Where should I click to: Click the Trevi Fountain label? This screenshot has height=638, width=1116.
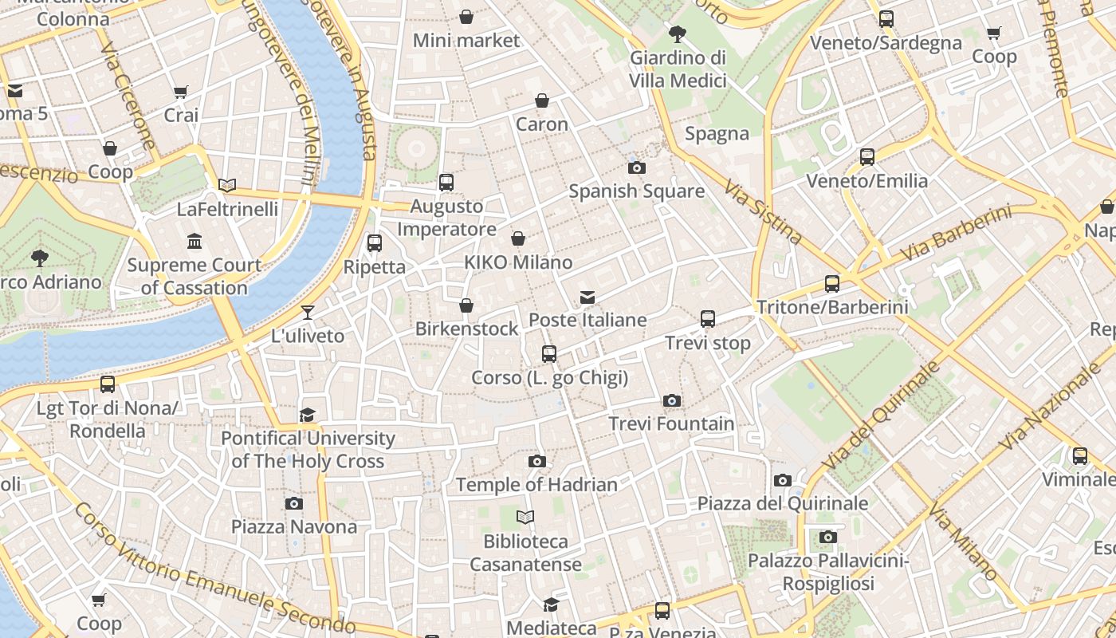pyautogui.click(x=671, y=423)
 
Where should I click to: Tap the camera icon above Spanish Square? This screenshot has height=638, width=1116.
pyautogui.click(x=636, y=167)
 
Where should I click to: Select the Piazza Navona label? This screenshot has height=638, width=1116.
pyautogui.click(x=294, y=527)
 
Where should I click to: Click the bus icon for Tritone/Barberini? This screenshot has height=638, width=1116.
pyautogui.click(x=832, y=283)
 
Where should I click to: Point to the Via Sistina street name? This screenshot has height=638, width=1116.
pyautogui.click(x=763, y=211)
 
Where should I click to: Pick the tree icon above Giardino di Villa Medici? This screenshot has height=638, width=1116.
pyautogui.click(x=678, y=33)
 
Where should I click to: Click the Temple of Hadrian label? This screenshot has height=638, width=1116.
pyautogui.click(x=536, y=484)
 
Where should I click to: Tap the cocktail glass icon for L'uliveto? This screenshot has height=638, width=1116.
pyautogui.click(x=308, y=312)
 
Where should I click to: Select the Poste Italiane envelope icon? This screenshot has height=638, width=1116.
pyautogui.click(x=587, y=297)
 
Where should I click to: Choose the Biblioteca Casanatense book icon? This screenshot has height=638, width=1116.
pyautogui.click(x=525, y=517)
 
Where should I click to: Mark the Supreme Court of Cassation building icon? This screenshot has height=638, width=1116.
pyautogui.click(x=195, y=241)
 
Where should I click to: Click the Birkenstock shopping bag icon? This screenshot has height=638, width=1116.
pyautogui.click(x=466, y=305)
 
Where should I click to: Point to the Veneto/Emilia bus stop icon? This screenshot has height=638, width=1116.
pyautogui.click(x=867, y=157)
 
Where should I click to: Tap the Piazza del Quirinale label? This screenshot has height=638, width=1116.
pyautogui.click(x=782, y=503)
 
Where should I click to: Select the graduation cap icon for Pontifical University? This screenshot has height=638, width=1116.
pyautogui.click(x=308, y=415)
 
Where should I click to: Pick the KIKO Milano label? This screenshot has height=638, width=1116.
pyautogui.click(x=518, y=262)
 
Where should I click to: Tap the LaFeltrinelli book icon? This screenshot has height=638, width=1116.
pyautogui.click(x=227, y=185)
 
